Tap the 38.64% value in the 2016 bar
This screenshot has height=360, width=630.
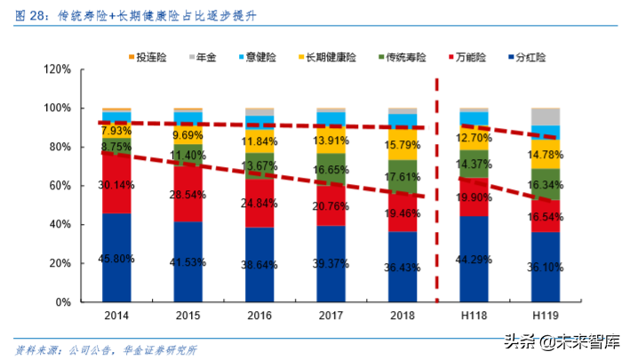pos(259,265)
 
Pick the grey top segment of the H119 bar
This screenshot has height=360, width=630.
pos(546,116)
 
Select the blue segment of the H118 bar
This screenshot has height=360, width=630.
pos(474,259)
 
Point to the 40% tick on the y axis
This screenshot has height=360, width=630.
pos(58,225)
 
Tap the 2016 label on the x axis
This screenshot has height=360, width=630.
pos(259,316)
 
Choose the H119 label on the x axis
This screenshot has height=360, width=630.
pos(546,316)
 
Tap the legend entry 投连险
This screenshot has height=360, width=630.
pos(156,57)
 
